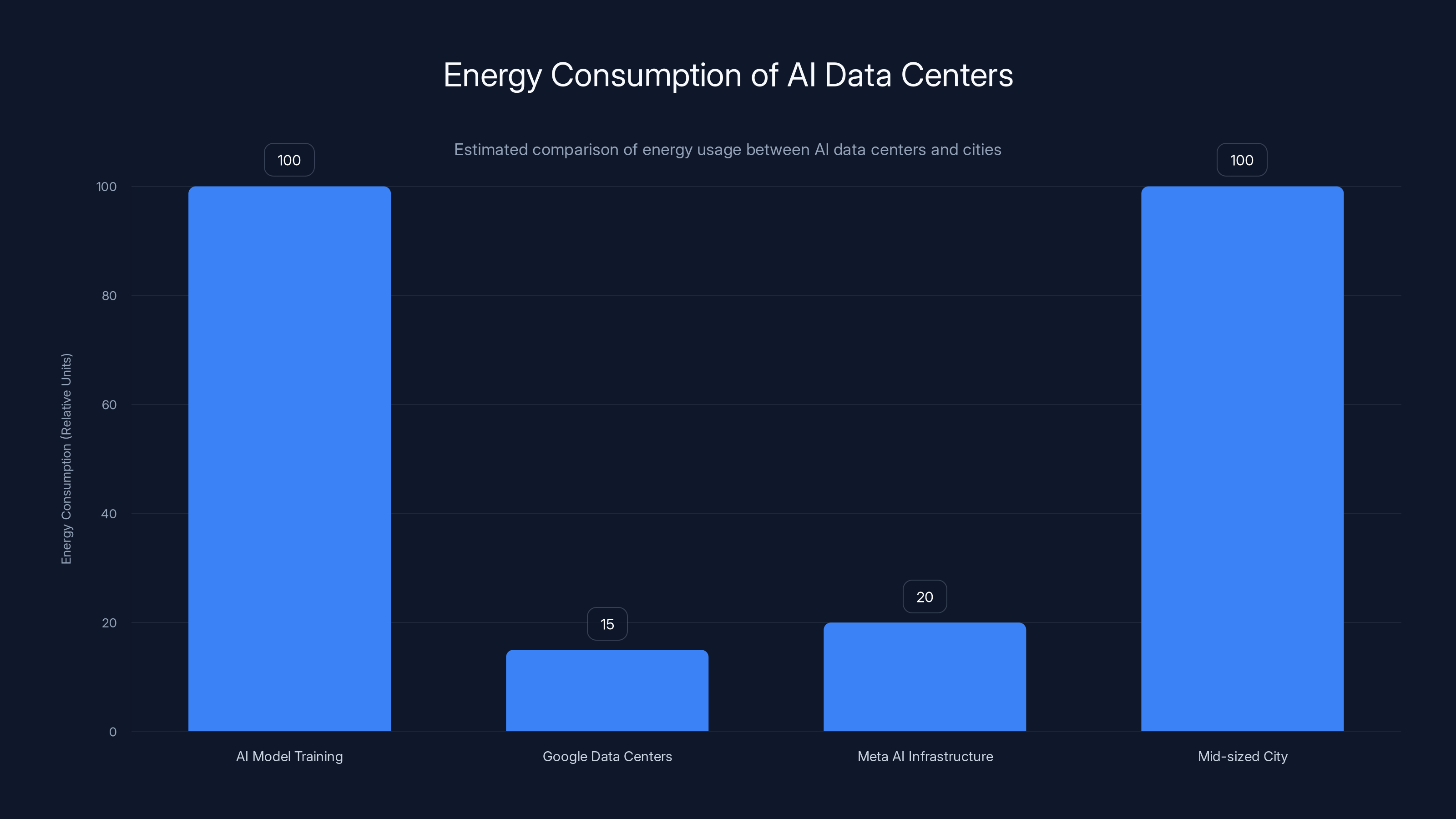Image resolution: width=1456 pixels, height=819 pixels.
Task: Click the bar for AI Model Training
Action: pyautogui.click(x=289, y=458)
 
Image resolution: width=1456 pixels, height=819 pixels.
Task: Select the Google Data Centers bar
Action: pyautogui.click(x=607, y=690)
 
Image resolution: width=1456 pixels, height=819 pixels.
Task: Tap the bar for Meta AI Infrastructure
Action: pyautogui.click(x=925, y=677)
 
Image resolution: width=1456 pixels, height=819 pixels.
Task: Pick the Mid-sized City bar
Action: pyautogui.click(x=1242, y=458)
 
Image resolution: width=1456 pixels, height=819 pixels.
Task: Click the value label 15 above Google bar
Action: pyautogui.click(x=607, y=624)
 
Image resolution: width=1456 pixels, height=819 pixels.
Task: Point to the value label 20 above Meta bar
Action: pyautogui.click(x=925, y=597)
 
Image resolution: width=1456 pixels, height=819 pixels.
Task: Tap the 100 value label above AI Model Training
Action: pyautogui.click(x=289, y=160)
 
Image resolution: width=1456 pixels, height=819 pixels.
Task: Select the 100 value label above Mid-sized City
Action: pyautogui.click(x=1242, y=160)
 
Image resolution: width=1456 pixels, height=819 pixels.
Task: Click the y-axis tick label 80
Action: pyautogui.click(x=109, y=296)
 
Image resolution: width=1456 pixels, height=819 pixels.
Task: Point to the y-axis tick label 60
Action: pyautogui.click(x=109, y=404)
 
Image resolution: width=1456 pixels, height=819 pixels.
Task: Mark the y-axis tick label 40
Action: pyautogui.click(x=109, y=514)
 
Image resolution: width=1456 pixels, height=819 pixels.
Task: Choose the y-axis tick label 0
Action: pyautogui.click(x=113, y=732)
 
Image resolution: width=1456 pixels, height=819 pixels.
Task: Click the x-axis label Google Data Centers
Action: pyautogui.click(x=607, y=756)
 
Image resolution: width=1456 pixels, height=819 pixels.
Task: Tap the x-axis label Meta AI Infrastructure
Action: pyautogui.click(x=925, y=756)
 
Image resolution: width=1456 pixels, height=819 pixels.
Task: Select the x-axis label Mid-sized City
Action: pyautogui.click(x=1242, y=756)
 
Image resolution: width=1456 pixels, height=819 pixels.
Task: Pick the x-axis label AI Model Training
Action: pyautogui.click(x=289, y=756)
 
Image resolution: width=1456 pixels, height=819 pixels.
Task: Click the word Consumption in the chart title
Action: pyautogui.click(x=646, y=75)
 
